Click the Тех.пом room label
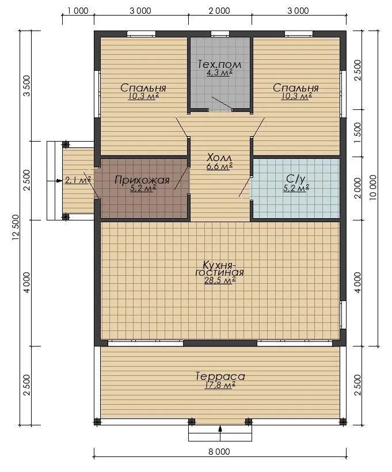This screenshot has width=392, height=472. pyautogui.click(x=219, y=64)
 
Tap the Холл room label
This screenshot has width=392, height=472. pyautogui.click(x=219, y=158)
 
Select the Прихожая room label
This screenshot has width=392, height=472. pyautogui.click(x=142, y=180)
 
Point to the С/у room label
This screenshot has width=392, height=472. pyautogui.click(x=296, y=179)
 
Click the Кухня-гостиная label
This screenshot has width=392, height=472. pyautogui.click(x=219, y=268)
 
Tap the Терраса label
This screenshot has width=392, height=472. pyautogui.click(x=220, y=376)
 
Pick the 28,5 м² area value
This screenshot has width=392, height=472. pyautogui.click(x=220, y=280)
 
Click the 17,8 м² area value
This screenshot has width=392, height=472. pyautogui.click(x=220, y=385)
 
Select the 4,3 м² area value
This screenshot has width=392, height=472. pyautogui.click(x=219, y=73)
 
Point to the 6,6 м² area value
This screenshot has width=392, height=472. pyautogui.click(x=219, y=166)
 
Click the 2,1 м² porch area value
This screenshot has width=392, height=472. pyautogui.click(x=78, y=180)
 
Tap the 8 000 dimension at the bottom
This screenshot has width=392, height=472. pyautogui.click(x=219, y=451)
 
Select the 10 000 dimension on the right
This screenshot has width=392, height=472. pyautogui.click(x=373, y=187)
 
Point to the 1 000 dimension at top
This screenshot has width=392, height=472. pyautogui.click(x=78, y=11)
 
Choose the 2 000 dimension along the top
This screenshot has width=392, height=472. pyautogui.click(x=219, y=11)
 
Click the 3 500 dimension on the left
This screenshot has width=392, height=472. pyautogui.click(x=26, y=86)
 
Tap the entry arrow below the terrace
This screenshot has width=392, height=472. pyautogui.click(x=220, y=429)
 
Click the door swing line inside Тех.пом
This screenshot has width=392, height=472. pyautogui.click(x=222, y=102)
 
